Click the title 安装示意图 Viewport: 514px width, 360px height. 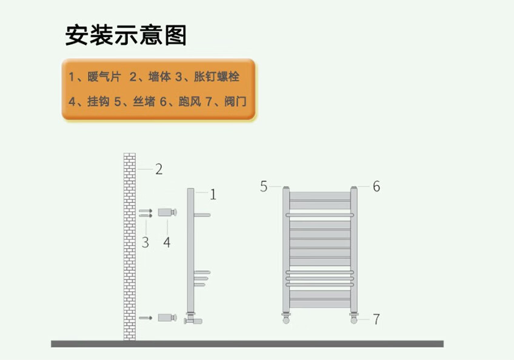(126, 36)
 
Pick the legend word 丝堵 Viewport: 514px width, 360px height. (144, 101)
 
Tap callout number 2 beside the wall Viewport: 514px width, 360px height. (159, 169)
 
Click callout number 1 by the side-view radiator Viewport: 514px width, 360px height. (213, 195)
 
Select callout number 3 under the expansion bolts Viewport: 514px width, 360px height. (145, 242)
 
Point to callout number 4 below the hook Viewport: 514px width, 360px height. (167, 242)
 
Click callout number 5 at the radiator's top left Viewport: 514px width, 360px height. (264, 186)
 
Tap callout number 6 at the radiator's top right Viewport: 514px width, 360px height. (376, 186)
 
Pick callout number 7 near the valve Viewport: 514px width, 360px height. (376, 319)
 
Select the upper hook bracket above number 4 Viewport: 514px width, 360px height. (167, 212)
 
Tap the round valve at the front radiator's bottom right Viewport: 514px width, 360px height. (354, 319)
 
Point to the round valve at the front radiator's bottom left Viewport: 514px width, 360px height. (286, 319)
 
